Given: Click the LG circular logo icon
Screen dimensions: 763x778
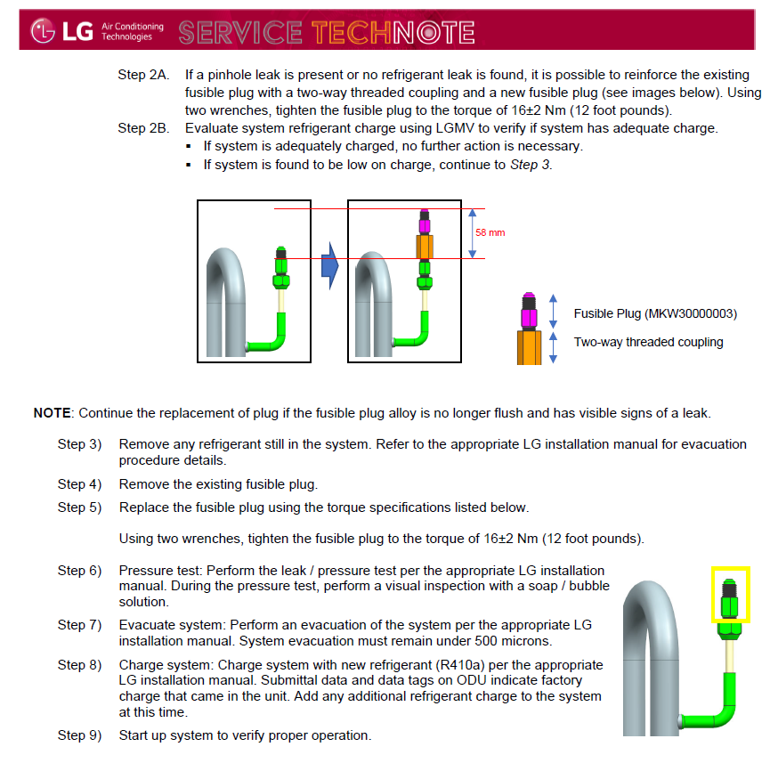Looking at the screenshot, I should point(44,32).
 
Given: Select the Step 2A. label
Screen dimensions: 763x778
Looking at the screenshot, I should point(143,75).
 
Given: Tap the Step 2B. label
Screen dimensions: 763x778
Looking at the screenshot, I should point(143,128).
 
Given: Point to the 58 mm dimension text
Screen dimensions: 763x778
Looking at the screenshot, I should point(490,233).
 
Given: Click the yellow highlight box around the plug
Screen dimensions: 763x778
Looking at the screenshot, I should point(730,594).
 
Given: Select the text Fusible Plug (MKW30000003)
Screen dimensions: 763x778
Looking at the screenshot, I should point(655,314).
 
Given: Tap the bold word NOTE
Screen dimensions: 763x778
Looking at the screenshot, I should point(53,413).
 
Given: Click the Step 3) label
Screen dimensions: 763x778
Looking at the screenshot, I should point(79,443).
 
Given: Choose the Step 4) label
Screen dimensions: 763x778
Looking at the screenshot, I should point(79,484).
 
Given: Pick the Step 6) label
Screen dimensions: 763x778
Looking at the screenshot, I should point(79,570).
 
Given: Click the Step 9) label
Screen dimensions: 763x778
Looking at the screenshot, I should point(79,735).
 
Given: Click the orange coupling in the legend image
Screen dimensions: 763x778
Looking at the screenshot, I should point(529,347).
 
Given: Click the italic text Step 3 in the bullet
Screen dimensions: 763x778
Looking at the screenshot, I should point(530,165).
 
